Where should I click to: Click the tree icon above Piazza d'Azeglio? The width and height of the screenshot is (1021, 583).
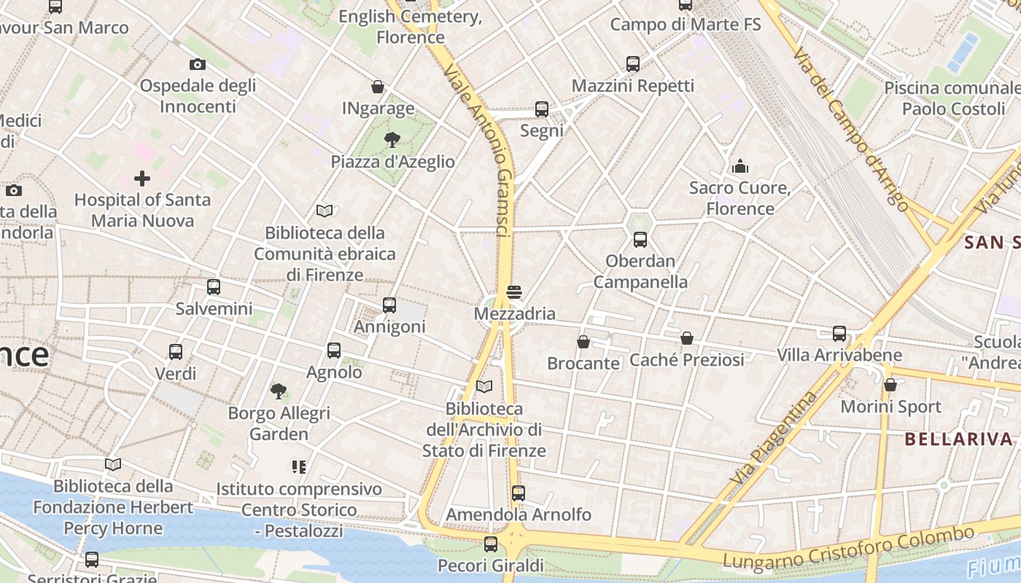pos(392,139)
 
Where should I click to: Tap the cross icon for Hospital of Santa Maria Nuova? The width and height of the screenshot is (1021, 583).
pos(142,178)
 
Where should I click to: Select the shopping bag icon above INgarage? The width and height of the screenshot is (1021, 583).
pos(378,87)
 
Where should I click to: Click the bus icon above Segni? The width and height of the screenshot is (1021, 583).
pos(541,109)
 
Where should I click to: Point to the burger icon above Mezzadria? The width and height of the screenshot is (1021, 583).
pos(514,292)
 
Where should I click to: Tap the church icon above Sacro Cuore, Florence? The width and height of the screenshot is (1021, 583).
pos(740,166)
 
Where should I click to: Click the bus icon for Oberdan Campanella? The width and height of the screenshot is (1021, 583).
pos(640,239)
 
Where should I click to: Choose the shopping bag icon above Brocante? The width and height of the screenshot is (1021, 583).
pos(583,341)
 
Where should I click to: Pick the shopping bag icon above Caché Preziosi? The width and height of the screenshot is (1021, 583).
pos(686,338)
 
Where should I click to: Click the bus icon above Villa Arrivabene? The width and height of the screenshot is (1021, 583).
pos(839,334)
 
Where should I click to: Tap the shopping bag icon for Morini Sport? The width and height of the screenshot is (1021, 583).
pos(890,385)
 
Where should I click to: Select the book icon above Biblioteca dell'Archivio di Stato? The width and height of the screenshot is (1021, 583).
pos(484,386)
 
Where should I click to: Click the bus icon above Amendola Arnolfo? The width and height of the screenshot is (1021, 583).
pos(518,493)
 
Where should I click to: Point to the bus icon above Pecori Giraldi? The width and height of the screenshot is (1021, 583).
pos(491,544)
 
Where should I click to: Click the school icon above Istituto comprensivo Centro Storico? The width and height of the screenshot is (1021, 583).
pos(298,466)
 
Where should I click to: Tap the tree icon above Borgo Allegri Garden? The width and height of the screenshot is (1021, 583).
pos(279,391)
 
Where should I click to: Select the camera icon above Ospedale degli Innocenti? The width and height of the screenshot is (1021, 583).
pos(198,64)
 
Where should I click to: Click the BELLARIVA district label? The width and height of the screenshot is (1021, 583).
pos(959,439)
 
